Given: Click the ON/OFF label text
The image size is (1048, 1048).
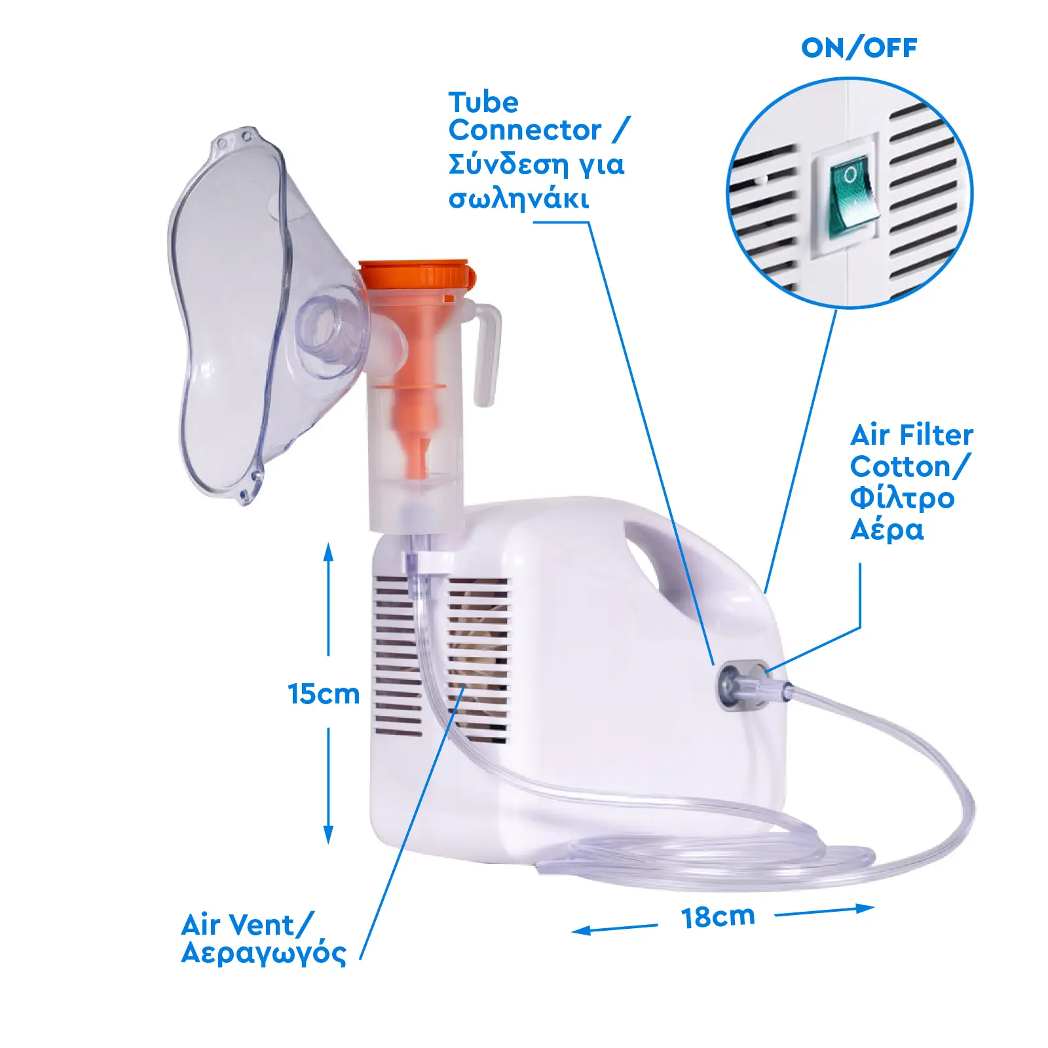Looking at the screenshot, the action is click(859, 48).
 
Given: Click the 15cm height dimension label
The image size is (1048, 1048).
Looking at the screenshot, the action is click(324, 694).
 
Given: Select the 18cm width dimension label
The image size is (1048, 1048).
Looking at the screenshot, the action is click(718, 918).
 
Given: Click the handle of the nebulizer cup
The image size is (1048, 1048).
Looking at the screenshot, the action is click(485, 354).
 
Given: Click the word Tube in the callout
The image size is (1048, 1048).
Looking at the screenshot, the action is click(483, 103).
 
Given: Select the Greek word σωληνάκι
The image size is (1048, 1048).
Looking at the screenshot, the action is click(518, 198).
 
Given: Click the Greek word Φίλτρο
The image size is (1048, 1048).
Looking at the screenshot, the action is click(902, 498).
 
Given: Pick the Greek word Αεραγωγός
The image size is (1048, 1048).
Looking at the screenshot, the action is click(263, 953).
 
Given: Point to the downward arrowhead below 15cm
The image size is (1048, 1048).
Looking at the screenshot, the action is click(328, 834).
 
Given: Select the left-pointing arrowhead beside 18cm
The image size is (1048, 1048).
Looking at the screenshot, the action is click(582, 930).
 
